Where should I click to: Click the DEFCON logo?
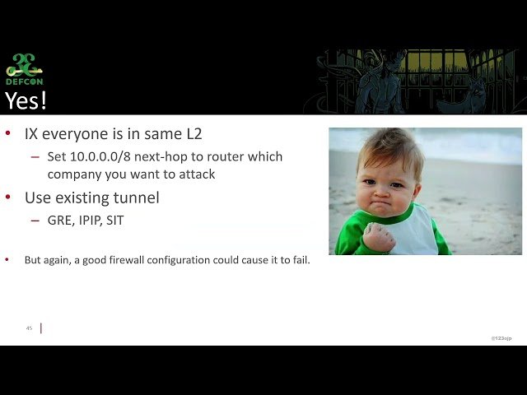click(x=25, y=70)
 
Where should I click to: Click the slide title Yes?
click(x=26, y=100)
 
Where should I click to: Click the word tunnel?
click(x=137, y=197)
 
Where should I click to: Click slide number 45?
click(x=29, y=328)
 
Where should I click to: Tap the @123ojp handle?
click(x=501, y=338)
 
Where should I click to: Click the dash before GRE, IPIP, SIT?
click(x=35, y=221)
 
